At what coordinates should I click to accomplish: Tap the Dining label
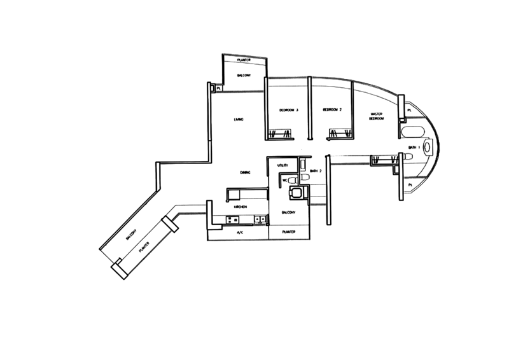[244, 172]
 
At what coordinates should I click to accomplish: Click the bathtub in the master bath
[410, 132]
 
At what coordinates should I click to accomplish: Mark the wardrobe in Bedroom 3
[281, 134]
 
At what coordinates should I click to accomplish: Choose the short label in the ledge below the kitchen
[240, 233]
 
